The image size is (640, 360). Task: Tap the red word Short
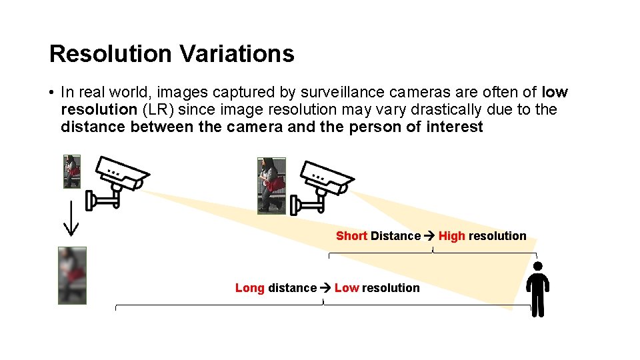point(351,236)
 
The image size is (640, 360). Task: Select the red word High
point(451,236)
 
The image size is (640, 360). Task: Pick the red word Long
point(250,288)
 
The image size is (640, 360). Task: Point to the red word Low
point(347,288)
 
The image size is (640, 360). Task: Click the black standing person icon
point(537,289)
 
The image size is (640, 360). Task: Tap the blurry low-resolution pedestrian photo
point(72,275)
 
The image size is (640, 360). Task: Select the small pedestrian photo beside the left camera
point(72,171)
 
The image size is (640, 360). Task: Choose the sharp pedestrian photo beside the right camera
point(271,186)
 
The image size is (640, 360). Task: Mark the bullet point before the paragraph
point(51,93)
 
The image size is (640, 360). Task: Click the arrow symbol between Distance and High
point(429,236)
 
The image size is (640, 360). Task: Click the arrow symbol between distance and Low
point(325,288)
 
